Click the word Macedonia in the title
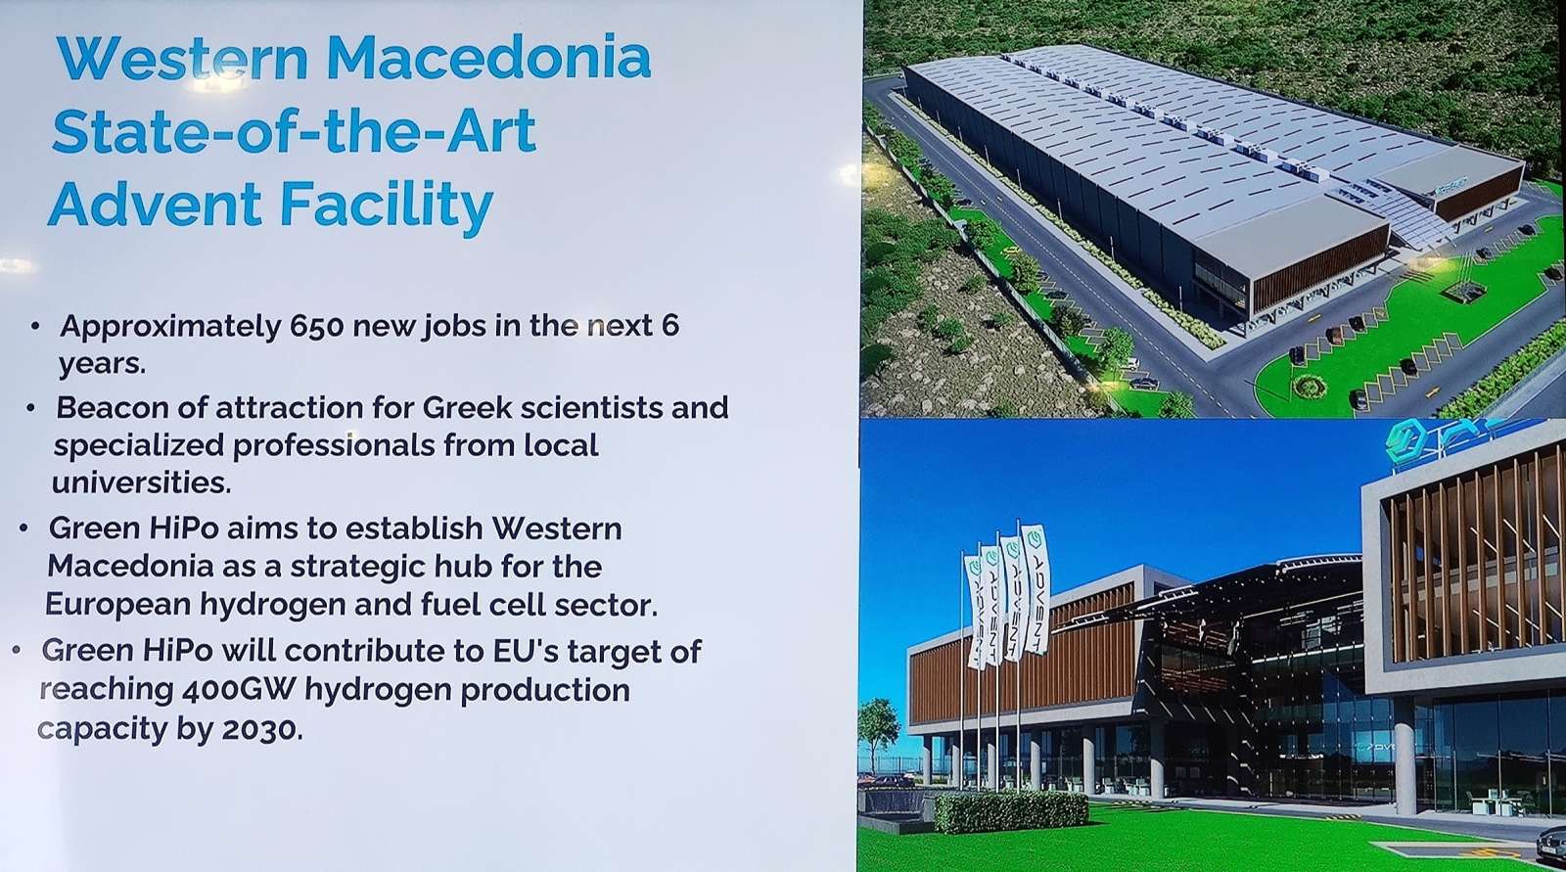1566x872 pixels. click(x=488, y=58)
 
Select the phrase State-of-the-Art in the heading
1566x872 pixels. click(x=295, y=131)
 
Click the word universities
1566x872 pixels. click(x=141, y=482)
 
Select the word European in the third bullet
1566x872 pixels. click(x=117, y=604)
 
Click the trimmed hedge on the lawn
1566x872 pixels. click(x=1011, y=811)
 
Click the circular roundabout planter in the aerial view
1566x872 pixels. click(x=1309, y=386)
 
